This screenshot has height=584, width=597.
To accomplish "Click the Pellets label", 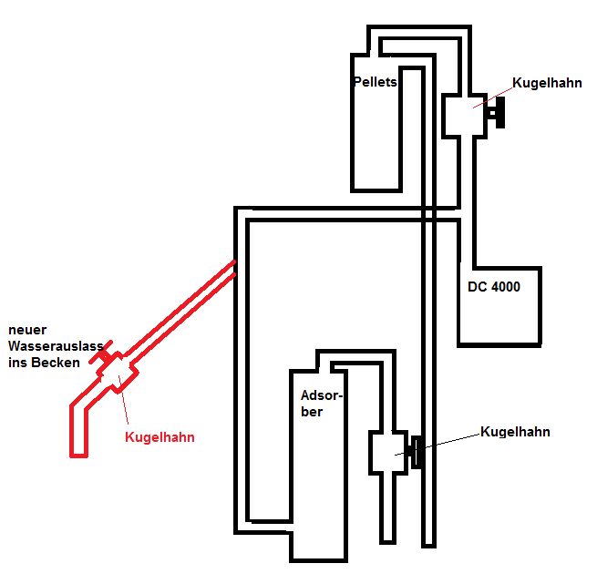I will [x=374, y=82].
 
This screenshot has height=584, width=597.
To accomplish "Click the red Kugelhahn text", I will [x=160, y=437].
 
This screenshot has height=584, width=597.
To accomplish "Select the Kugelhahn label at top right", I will [x=547, y=83].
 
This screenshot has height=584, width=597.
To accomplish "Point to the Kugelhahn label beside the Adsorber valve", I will [x=515, y=432].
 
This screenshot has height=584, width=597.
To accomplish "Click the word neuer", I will [x=29, y=329].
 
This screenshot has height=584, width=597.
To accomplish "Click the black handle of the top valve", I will [x=498, y=115].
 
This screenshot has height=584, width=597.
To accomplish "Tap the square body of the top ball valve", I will [x=465, y=115].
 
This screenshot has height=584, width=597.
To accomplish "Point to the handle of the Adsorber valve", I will [x=417, y=452].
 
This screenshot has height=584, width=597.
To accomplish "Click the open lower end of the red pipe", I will [x=79, y=452].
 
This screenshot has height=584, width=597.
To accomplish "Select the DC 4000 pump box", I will [x=499, y=310].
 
